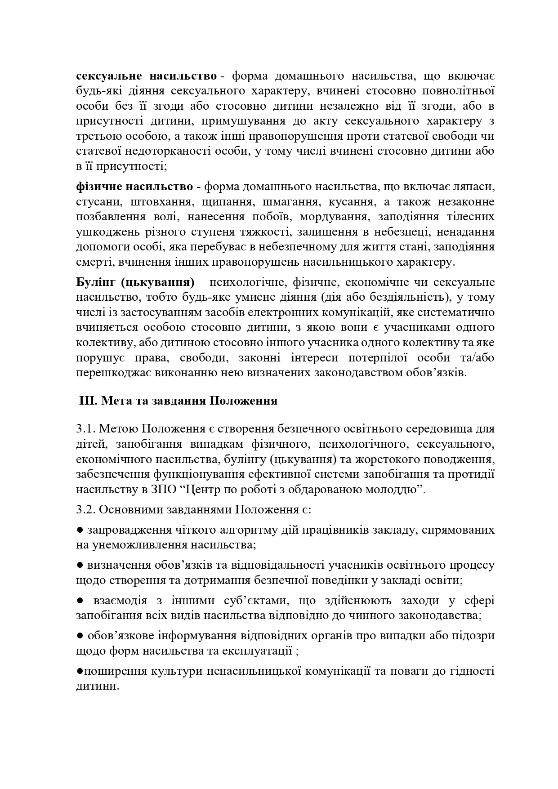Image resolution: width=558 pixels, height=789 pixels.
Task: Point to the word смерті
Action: tap(92, 262)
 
